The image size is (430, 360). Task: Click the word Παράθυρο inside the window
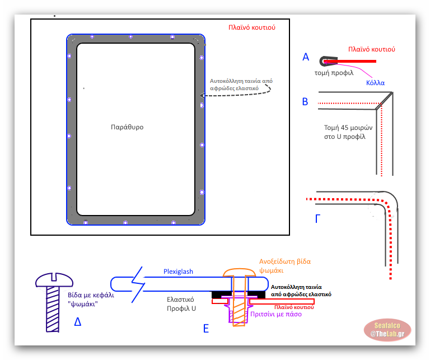click(127, 127)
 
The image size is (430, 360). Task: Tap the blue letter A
click(306, 57)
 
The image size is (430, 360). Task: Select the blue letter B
click(305, 102)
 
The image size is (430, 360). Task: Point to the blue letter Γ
click(319, 218)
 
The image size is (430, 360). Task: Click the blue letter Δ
click(78, 321)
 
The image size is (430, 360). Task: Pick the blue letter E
click(206, 329)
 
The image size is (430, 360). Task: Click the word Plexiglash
click(178, 272)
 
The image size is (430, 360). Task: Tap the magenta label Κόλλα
click(375, 82)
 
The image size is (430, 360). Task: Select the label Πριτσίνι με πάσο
click(276, 314)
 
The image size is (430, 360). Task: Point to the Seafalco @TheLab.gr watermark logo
click(387, 330)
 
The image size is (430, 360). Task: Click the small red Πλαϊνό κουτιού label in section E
click(293, 307)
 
